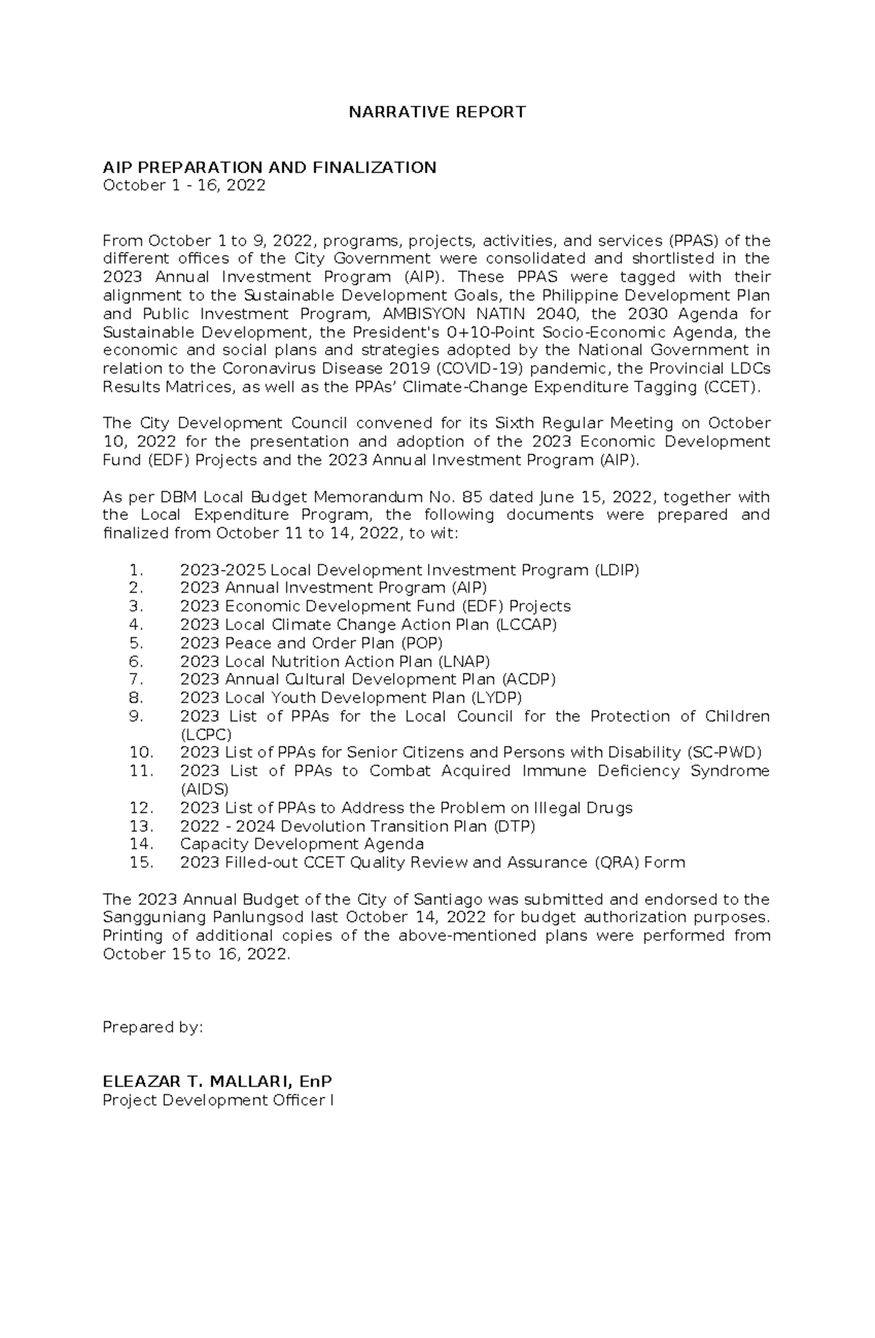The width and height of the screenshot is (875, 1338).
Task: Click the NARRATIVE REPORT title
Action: point(437,112)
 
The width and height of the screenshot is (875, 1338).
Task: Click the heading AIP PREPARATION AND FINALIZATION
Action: point(269,168)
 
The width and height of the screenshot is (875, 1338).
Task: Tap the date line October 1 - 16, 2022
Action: point(184,186)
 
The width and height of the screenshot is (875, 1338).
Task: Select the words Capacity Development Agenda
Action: point(302,844)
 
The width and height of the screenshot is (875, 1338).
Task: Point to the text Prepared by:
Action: point(152,1027)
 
